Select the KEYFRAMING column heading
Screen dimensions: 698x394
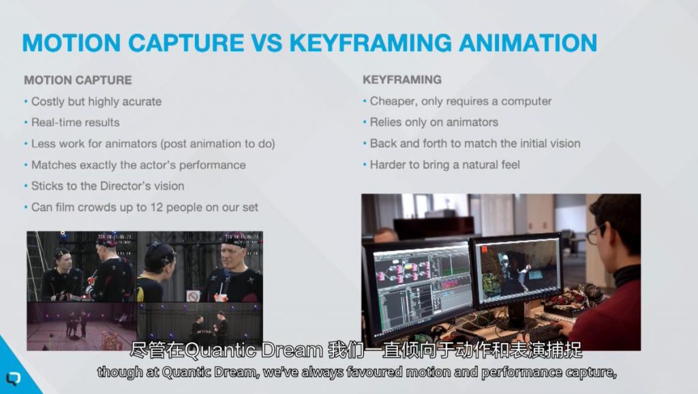pos(402,80)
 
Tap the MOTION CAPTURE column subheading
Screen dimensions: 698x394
pos(78,80)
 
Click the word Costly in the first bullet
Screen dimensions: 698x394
pos(48,102)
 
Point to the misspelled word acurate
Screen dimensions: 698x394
pos(142,102)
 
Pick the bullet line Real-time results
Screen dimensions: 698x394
pos(75,123)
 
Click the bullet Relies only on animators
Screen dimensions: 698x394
pos(434,122)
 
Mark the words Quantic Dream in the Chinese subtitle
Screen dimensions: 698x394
pos(254,351)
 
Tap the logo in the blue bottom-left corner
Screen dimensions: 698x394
pos(13,378)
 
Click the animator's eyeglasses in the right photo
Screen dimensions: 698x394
pos(594,234)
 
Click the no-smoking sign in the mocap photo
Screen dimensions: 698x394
pos(193,296)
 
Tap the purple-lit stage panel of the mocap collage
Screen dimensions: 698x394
pos(82,327)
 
